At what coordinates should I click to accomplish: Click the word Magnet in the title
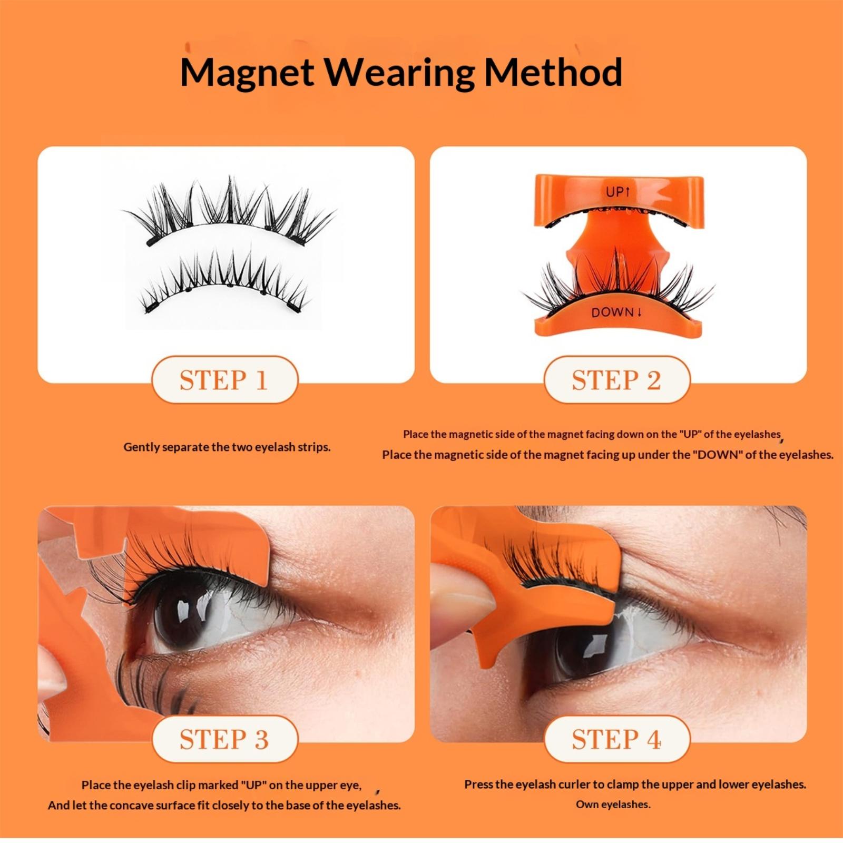click(x=247, y=73)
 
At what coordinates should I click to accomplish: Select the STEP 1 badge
click(x=224, y=380)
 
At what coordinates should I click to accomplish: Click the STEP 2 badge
click(x=616, y=380)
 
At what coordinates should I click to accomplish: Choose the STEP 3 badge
click(x=224, y=739)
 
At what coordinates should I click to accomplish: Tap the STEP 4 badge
click(x=616, y=739)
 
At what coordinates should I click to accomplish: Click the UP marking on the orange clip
click(x=617, y=192)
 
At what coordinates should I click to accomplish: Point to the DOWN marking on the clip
click(x=616, y=312)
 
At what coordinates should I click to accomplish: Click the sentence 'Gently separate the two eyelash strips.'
click(x=227, y=447)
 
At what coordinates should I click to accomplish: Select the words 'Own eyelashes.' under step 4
click(x=613, y=805)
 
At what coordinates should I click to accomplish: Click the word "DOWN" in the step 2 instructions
click(x=718, y=455)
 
